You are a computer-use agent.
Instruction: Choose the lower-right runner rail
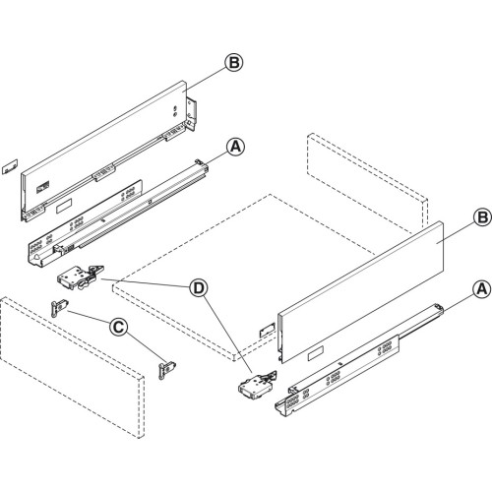364,364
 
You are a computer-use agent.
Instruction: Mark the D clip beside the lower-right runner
254,384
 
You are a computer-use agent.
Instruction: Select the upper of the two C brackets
58,307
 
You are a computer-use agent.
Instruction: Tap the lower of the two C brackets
166,366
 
